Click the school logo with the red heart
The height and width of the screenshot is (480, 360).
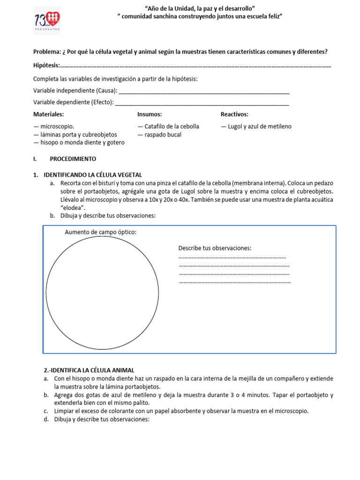tap(48, 21)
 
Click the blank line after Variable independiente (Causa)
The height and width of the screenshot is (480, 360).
tap(204, 90)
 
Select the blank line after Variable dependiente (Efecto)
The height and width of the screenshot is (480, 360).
tap(202, 102)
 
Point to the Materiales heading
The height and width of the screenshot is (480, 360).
tap(49, 114)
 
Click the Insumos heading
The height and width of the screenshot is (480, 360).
tap(150, 114)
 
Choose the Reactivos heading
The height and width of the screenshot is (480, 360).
tap(234, 114)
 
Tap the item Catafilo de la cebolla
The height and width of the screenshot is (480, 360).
tap(168, 127)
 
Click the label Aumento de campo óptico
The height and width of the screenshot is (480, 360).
tap(101, 232)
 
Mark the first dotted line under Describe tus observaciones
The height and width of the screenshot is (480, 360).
tap(232, 257)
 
